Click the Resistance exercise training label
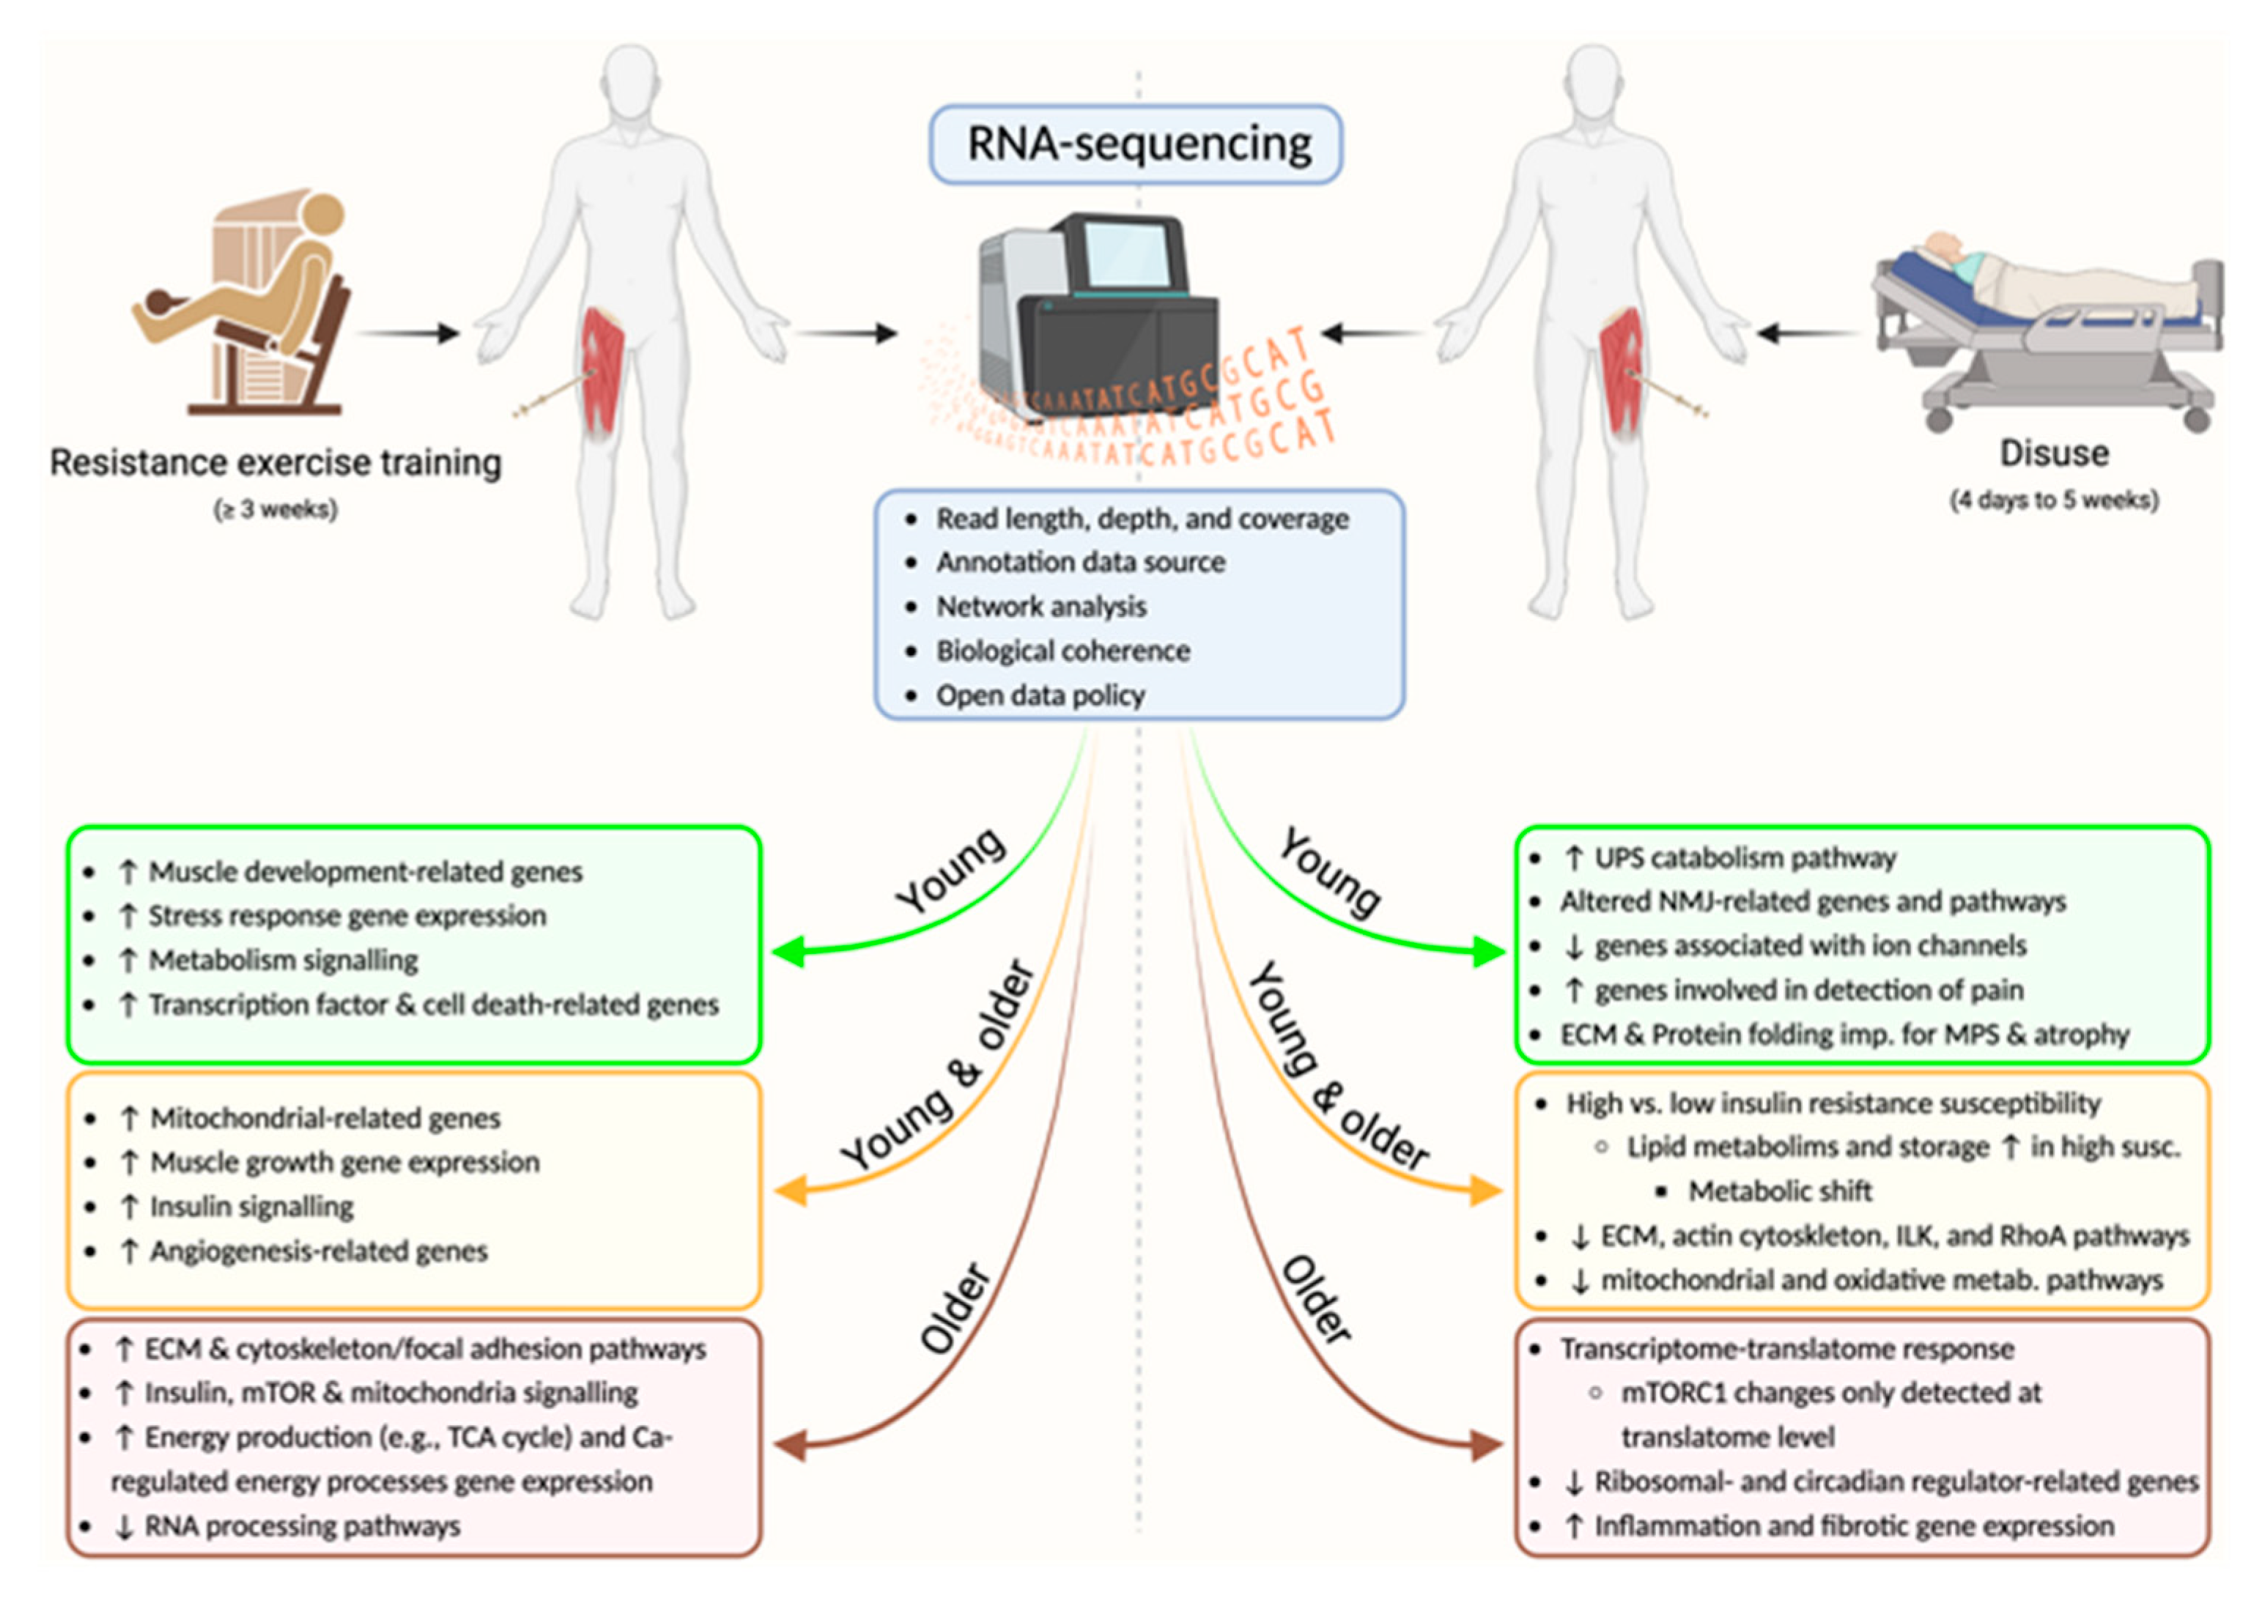point(276,462)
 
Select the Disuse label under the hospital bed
point(2054,454)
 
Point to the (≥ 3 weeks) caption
point(276,509)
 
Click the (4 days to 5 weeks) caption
point(2054,500)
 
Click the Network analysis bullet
point(1041,606)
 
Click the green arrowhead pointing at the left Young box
point(789,952)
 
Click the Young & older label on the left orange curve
point(936,1069)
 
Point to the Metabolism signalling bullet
point(283,961)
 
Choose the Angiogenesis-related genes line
point(317,1251)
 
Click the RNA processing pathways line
point(300,1526)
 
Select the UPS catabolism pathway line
point(1744,858)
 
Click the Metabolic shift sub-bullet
point(1779,1191)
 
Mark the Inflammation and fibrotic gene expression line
point(1853,1526)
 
